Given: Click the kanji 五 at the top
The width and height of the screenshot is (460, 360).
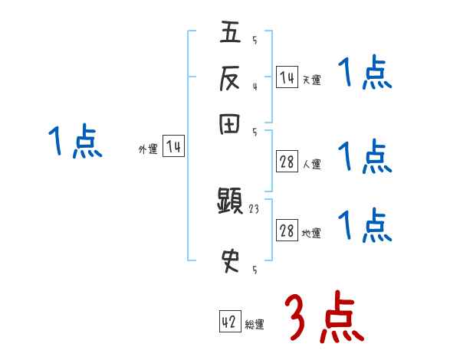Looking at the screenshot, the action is [231, 33].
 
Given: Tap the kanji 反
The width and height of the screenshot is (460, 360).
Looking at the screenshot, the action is [231, 77].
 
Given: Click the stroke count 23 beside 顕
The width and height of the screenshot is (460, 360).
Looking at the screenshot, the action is [255, 208].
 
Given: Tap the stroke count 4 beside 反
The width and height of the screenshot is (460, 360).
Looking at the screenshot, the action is [255, 86].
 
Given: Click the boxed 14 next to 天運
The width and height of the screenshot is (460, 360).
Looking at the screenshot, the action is [287, 77].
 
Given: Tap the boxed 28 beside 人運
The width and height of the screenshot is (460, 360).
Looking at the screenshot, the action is [287, 162].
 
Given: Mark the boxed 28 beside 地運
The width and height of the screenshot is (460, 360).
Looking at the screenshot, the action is [287, 231].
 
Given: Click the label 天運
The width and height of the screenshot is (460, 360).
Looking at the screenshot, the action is [311, 80].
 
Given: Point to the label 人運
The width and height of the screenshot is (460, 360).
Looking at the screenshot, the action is [311, 164].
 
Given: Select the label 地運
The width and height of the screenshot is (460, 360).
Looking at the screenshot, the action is [311, 234].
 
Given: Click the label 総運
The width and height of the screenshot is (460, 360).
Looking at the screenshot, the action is [255, 325].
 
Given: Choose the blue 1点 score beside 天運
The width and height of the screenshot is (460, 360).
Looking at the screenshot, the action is [366, 74].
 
